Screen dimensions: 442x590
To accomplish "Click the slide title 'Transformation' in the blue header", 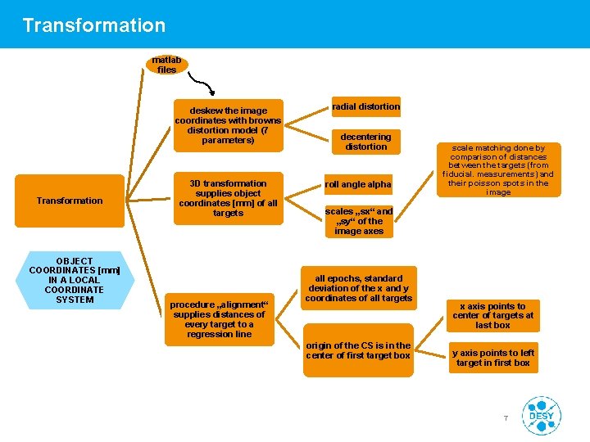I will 94,25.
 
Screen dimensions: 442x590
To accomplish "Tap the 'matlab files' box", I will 167,65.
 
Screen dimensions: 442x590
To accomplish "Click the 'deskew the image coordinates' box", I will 228,125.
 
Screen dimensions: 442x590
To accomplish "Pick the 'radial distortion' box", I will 365,106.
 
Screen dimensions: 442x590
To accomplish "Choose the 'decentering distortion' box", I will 365,142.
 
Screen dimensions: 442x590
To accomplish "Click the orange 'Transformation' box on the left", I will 70,201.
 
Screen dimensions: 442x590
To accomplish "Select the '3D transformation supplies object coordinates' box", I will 228,199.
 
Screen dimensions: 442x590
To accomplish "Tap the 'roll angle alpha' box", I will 358,184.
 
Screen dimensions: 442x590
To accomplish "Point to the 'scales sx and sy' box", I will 359,221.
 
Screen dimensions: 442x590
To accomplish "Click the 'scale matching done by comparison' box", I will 498,170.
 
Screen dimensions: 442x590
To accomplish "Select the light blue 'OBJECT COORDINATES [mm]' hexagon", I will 75,280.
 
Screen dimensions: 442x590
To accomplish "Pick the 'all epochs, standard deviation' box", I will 359,288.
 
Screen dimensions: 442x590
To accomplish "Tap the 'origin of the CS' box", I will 358,351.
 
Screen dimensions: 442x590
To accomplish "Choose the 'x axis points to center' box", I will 493,315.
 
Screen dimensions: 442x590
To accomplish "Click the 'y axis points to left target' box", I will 493,358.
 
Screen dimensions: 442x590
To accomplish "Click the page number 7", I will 506,419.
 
